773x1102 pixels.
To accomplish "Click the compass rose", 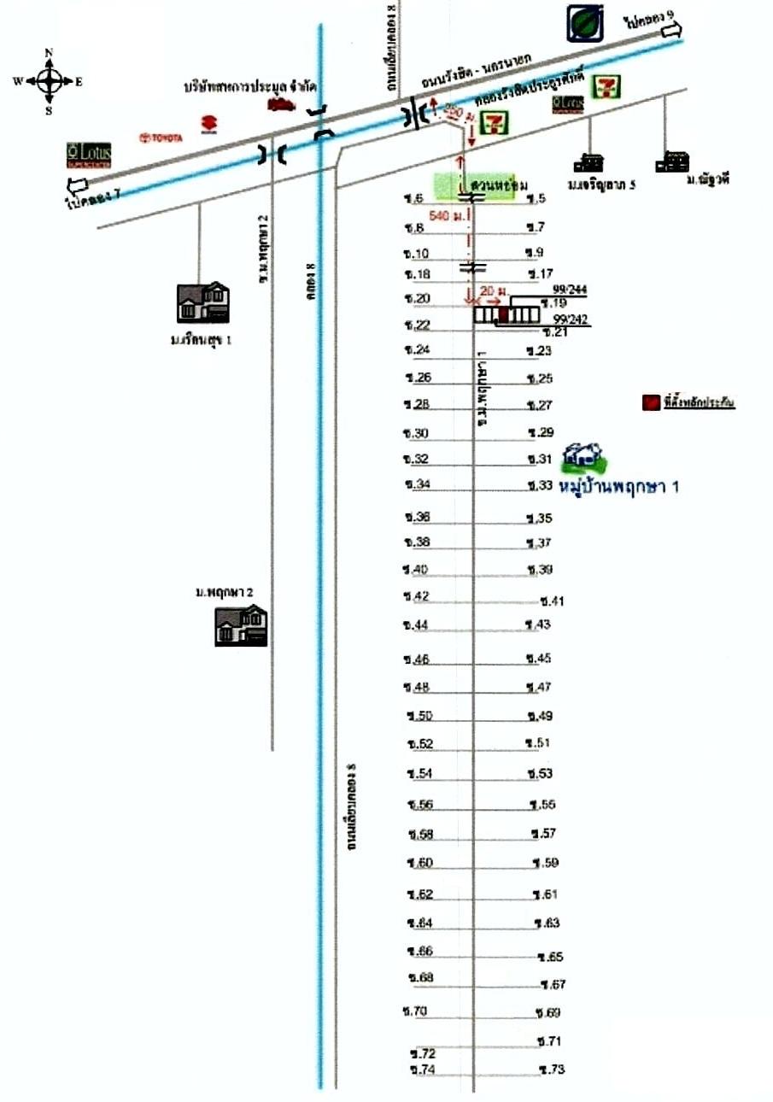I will pos(49,82).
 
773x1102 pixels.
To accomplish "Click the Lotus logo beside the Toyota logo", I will pos(89,155).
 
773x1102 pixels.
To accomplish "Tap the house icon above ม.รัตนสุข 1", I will pos(202,302).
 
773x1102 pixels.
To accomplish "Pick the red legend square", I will pos(651,402).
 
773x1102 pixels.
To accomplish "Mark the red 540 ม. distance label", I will pos(445,217).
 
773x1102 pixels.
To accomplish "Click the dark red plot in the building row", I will pos(503,315).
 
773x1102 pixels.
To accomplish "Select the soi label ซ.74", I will pos(422,1070).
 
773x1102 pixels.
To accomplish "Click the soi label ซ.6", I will pos(414,199).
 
